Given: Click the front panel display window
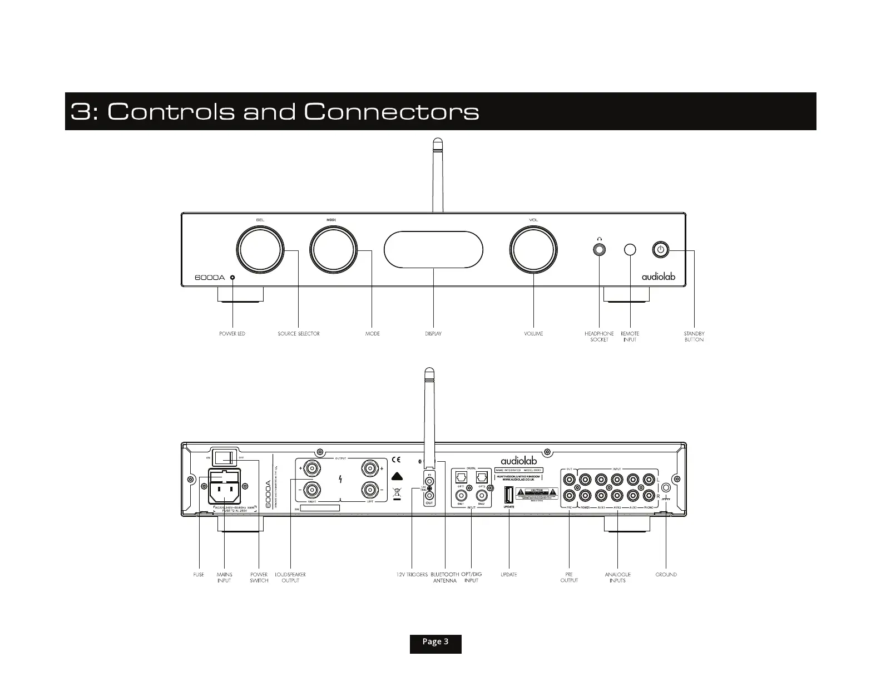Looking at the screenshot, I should tap(433, 250).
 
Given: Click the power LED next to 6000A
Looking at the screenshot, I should tap(232, 278).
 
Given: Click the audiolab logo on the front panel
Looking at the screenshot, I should tap(659, 277).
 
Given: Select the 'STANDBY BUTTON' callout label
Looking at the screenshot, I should tap(694, 337).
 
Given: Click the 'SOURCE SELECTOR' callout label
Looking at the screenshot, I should tap(299, 334).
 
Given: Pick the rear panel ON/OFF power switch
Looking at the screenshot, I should tap(225, 457).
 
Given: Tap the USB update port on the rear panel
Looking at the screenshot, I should tap(509, 495).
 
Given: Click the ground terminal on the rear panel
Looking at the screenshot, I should tap(666, 487).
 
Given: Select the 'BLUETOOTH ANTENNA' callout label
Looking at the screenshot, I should tap(445, 578).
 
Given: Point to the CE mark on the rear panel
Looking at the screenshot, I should tap(396, 460).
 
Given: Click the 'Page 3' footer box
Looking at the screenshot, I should tap(435, 642).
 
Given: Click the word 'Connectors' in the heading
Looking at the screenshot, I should tap(392, 112).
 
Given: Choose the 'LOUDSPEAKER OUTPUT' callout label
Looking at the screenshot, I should tap(290, 578).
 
